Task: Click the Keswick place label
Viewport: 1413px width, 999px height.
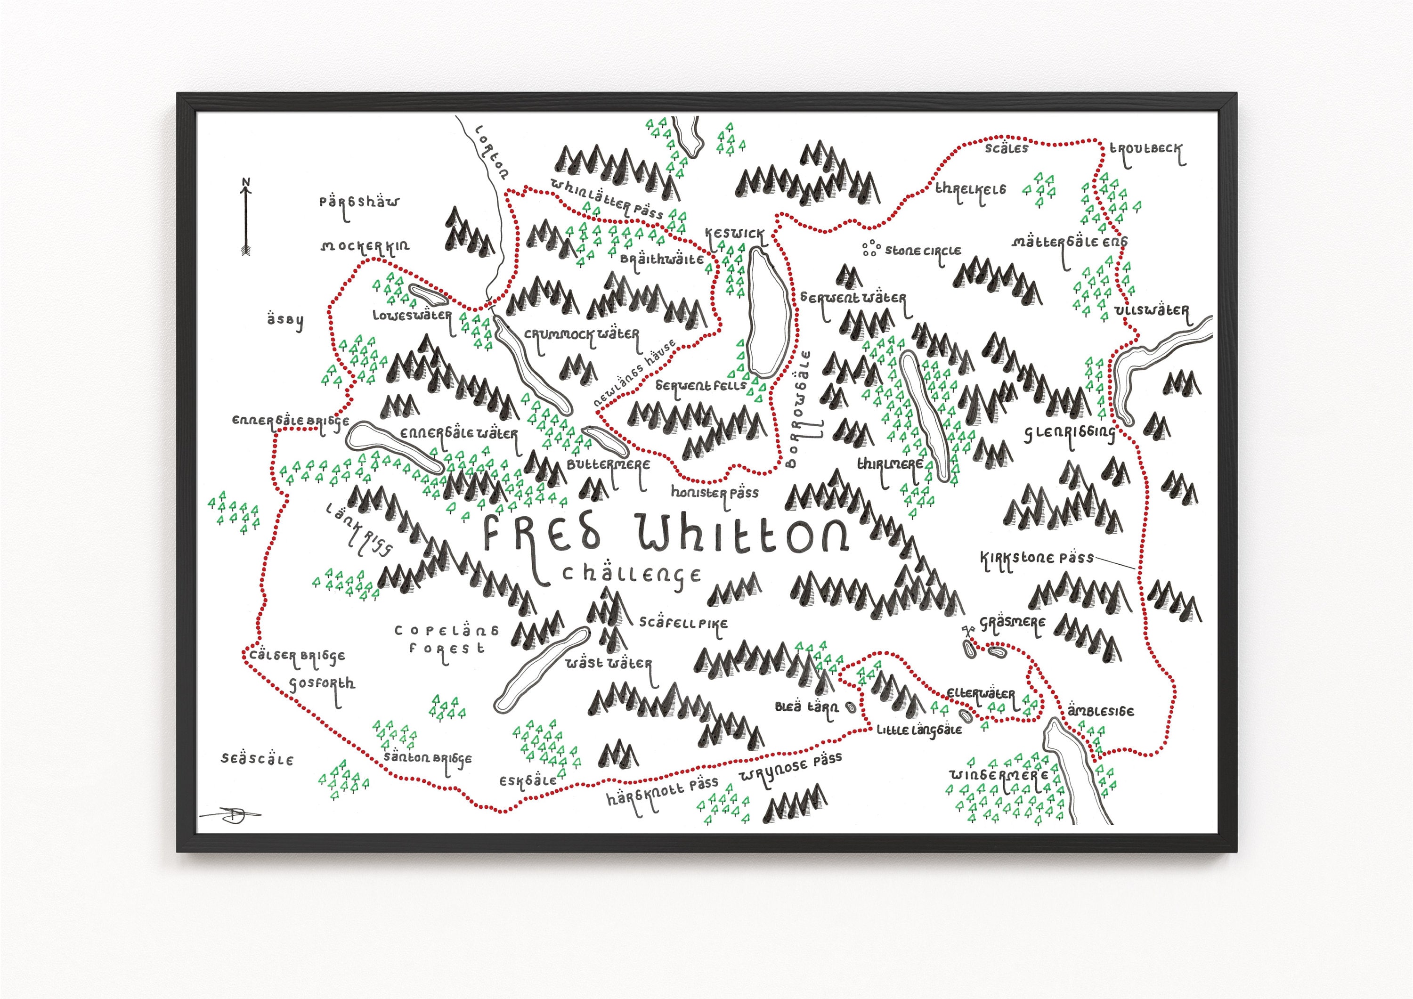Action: pyautogui.click(x=734, y=234)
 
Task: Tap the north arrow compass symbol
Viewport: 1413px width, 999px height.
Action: pyautogui.click(x=245, y=217)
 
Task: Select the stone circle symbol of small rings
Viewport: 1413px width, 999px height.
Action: pyautogui.click(x=871, y=248)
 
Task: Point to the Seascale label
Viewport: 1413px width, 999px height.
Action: pyautogui.click(x=257, y=759)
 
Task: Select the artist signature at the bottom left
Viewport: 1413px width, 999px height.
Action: pyautogui.click(x=232, y=814)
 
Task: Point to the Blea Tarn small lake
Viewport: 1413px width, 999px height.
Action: pyautogui.click(x=851, y=708)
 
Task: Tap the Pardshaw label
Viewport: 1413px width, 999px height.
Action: pyautogui.click(x=359, y=202)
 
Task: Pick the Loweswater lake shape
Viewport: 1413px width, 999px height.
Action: pyautogui.click(x=428, y=295)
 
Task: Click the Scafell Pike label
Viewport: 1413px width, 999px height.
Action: pyautogui.click(x=683, y=623)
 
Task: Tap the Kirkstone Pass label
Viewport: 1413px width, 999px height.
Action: pyautogui.click(x=1036, y=558)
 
